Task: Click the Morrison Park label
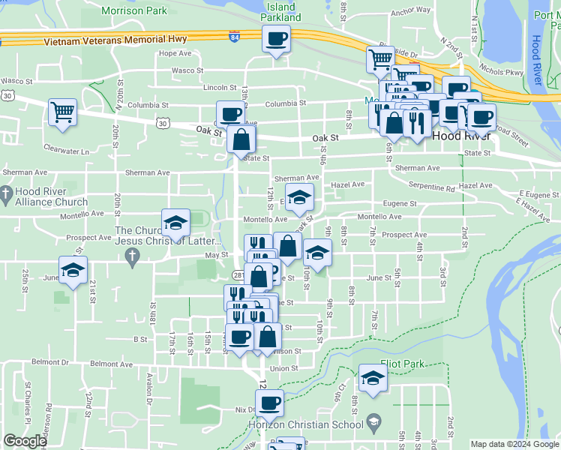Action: [133, 11]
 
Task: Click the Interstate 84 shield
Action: [235, 36]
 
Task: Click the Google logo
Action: [25, 441]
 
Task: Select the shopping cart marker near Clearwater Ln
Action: [63, 112]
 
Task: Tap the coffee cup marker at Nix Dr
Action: [269, 403]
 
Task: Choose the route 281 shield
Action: [248, 276]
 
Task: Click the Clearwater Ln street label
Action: [66, 151]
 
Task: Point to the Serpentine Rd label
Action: [431, 185]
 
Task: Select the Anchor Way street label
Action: [411, 11]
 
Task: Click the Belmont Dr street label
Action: [49, 361]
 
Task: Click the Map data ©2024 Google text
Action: [514, 444]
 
